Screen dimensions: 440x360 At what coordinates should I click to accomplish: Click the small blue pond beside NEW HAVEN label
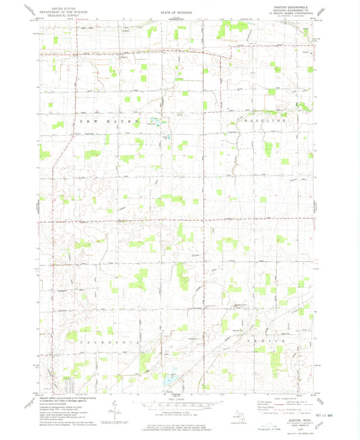(x=156, y=121)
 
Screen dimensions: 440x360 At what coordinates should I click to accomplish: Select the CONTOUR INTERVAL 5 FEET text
(x=177, y=411)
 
